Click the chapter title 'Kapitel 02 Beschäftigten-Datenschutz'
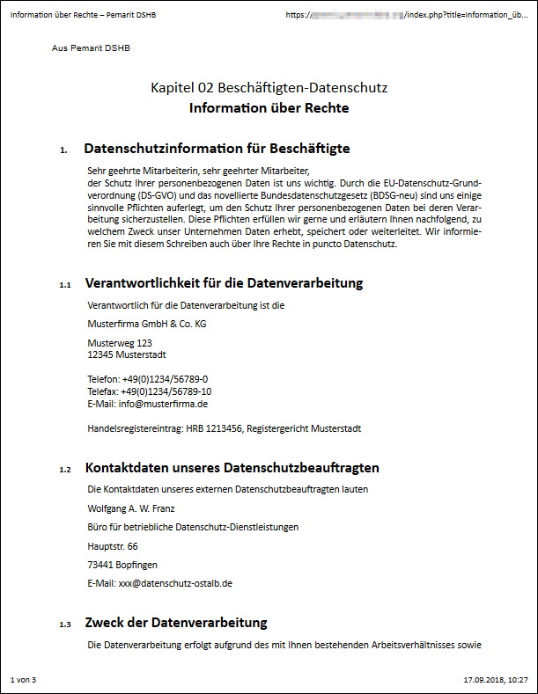269,88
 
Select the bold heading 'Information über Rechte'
269,108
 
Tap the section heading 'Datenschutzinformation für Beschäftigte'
217,149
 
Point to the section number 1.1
65,285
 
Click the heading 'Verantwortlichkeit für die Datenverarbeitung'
224,283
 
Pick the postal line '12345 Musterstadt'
127,354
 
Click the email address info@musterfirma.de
163,404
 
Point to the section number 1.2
65,470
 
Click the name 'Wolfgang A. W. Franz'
131,508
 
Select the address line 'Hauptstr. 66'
113,546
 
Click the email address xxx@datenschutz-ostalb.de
175,583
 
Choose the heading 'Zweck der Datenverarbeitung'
175,623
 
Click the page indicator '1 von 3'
24,680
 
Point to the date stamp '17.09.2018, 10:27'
495,680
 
